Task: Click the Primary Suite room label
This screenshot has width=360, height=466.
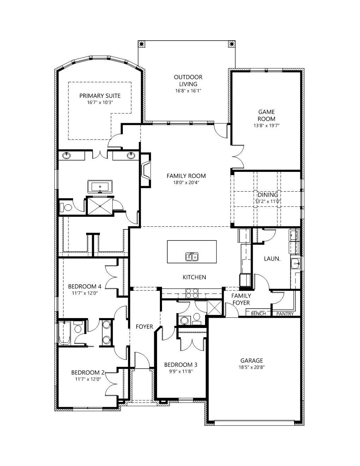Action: pyautogui.click(x=100, y=96)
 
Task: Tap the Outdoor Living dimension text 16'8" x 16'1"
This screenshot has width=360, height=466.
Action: pyautogui.click(x=188, y=91)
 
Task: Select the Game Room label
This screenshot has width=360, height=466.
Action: pyautogui.click(x=266, y=115)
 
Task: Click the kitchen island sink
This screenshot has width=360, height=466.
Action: pyautogui.click(x=192, y=257)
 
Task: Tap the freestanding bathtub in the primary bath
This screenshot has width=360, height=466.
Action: pyautogui.click(x=100, y=186)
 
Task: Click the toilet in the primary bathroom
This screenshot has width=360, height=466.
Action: pyautogui.click(x=66, y=207)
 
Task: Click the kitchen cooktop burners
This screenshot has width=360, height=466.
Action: pyautogui.click(x=192, y=293)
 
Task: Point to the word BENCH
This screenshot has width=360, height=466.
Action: pyautogui.click(x=258, y=314)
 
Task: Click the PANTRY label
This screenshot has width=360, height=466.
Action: pyautogui.click(x=285, y=314)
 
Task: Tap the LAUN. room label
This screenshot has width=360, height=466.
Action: pyautogui.click(x=272, y=259)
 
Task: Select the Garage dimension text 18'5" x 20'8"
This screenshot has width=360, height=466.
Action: pyautogui.click(x=252, y=367)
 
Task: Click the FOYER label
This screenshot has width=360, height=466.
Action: pyautogui.click(x=144, y=327)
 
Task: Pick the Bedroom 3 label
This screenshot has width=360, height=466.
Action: pyautogui.click(x=181, y=365)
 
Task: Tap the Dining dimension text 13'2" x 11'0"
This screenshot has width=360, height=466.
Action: pyautogui.click(x=268, y=202)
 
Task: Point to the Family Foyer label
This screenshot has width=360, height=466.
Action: pyautogui.click(x=241, y=299)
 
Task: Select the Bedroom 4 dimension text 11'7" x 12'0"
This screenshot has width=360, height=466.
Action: pyautogui.click(x=85, y=293)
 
